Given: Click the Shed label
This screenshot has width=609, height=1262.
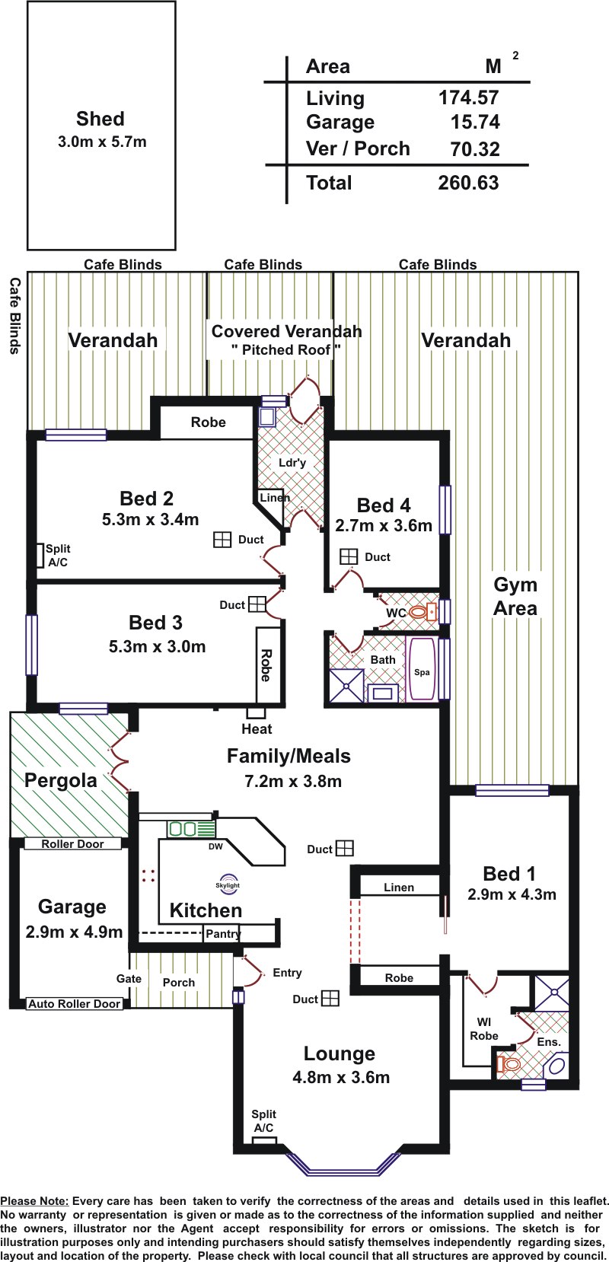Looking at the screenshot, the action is click(x=100, y=119).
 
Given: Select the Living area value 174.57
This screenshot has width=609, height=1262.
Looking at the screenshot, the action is click(x=469, y=98).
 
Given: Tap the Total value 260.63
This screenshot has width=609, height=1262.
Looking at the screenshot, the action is click(x=469, y=183).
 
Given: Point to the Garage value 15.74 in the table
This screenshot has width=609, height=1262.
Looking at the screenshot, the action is click(x=475, y=123).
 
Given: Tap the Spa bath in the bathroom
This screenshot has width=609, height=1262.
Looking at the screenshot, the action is click(x=422, y=669).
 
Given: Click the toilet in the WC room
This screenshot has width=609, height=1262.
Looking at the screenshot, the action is click(x=422, y=611).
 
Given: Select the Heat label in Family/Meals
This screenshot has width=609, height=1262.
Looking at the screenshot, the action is click(x=257, y=729).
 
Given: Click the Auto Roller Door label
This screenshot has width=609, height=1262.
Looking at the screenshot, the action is click(x=75, y=1003).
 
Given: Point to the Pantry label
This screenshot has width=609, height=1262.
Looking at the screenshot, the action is click(x=223, y=933).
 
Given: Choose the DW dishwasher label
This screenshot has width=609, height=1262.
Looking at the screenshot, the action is click(x=215, y=846).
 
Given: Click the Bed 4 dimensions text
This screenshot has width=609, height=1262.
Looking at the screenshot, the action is click(x=384, y=526).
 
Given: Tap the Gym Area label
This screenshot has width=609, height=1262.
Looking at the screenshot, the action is click(x=515, y=596).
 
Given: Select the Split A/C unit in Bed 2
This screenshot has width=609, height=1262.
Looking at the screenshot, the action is click(x=40, y=555).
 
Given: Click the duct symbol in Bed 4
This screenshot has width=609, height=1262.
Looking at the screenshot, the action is click(x=349, y=556).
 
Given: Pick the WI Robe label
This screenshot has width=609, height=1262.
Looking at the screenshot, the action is click(x=484, y=1028).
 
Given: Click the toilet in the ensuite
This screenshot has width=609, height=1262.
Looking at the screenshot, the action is click(x=509, y=1063).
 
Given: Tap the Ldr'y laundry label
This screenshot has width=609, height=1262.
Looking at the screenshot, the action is click(x=292, y=463).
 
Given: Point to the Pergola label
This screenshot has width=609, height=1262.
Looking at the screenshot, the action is click(x=61, y=781).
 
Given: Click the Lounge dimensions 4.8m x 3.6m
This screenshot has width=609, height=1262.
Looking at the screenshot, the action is click(x=341, y=1077).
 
